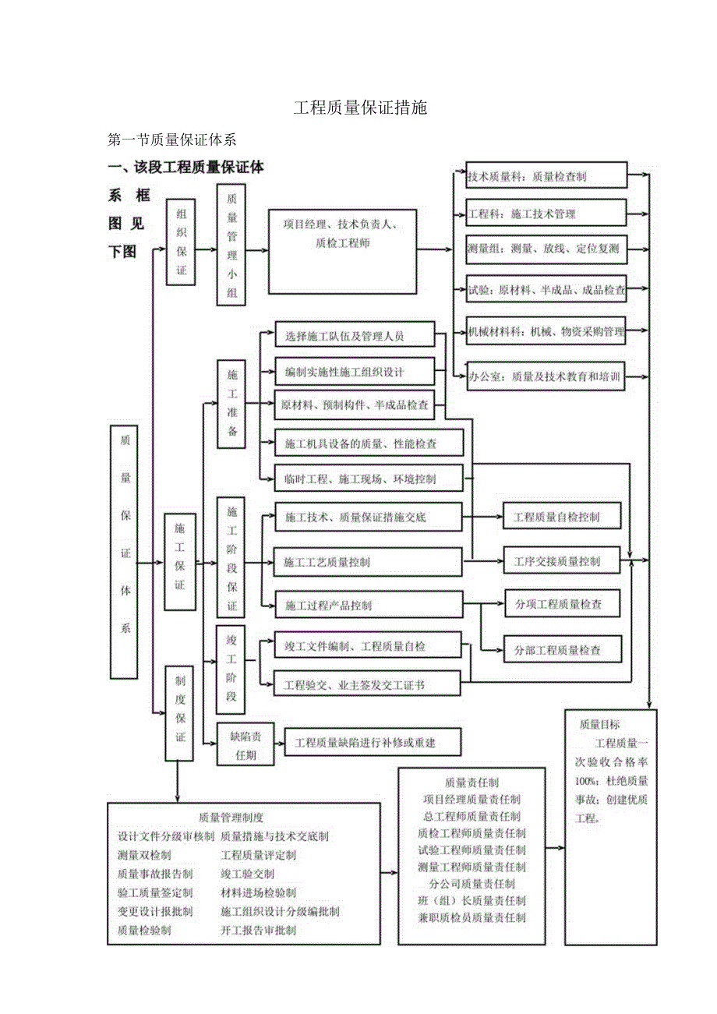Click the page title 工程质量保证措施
pyautogui.click(x=360, y=108)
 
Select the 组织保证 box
pyautogui.click(x=181, y=242)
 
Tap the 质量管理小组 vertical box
pyautogui.click(x=231, y=244)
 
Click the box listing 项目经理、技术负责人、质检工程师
pyautogui.click(x=342, y=250)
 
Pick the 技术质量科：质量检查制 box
pyautogui.click(x=546, y=176)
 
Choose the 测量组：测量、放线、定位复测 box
pyautogui.click(x=546, y=249)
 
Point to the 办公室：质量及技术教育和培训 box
pyautogui.click(x=546, y=376)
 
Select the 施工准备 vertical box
pyautogui.click(x=231, y=403)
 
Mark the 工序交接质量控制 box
pyautogui.click(x=562, y=561)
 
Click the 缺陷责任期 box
pyautogui.click(x=246, y=745)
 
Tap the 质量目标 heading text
pyautogui.click(x=600, y=724)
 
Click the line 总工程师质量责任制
pyautogui.click(x=472, y=816)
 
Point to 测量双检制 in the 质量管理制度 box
pyautogui.click(x=139, y=855)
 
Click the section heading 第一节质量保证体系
pyautogui.click(x=172, y=140)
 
